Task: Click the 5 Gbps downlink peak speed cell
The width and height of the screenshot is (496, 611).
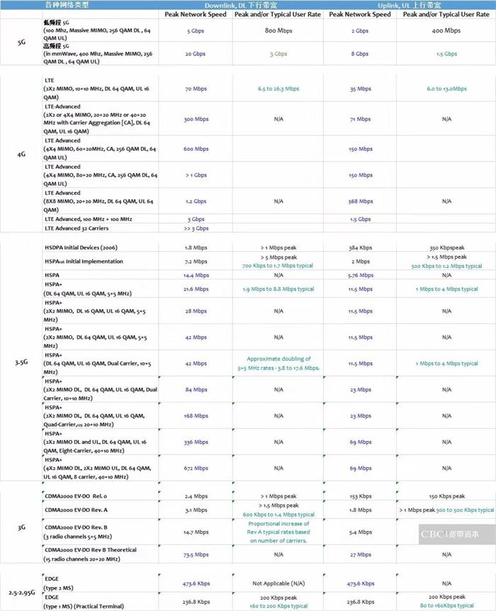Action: pos(196,31)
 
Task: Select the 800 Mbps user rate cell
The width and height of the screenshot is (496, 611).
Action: pos(279,31)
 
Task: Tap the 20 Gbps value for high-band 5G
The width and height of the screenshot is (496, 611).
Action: pos(196,54)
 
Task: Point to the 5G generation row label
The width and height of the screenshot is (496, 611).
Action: pos(21,43)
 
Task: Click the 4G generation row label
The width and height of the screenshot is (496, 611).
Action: pos(21,153)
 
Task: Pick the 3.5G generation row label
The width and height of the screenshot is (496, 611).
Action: pos(21,362)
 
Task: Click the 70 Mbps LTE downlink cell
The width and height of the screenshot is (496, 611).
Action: pos(196,89)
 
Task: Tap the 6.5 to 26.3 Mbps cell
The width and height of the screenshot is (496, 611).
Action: pos(279,89)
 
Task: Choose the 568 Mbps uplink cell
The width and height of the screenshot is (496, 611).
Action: pos(361,201)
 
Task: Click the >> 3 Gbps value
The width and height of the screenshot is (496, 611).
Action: pos(196,228)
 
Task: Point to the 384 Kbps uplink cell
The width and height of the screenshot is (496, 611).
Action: pos(361,248)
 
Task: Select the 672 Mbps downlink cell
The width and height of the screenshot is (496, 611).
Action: pos(196,468)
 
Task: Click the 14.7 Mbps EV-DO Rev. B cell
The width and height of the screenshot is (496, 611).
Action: pos(196,532)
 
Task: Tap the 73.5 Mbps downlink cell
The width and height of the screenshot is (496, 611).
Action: pos(196,554)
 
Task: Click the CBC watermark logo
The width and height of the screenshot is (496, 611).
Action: pos(450,534)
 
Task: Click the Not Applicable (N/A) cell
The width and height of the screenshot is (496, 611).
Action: pos(279,584)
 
